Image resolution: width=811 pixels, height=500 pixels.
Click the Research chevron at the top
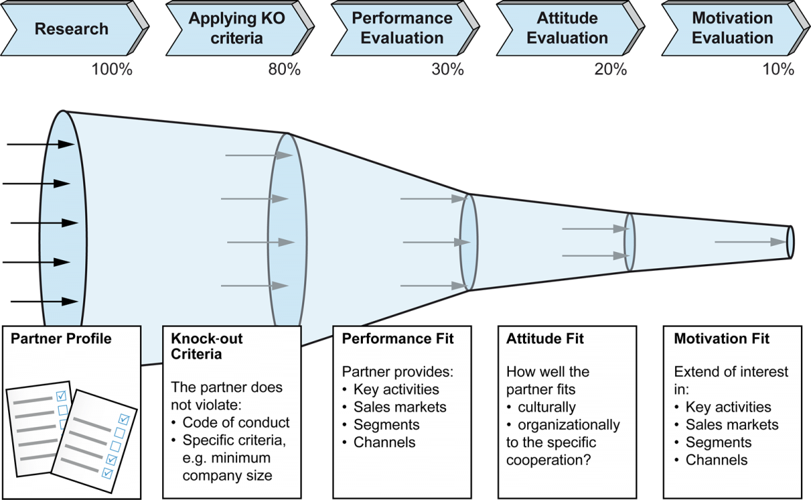point(74,28)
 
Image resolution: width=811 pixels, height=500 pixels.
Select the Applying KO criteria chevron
point(240,28)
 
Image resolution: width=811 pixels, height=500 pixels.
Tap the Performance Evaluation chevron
point(405,28)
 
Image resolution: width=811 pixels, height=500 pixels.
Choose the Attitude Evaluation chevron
point(570,28)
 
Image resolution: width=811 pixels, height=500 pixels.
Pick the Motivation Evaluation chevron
point(736,28)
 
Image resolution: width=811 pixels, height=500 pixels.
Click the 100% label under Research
point(112,69)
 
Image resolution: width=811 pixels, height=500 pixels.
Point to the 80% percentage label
point(285,69)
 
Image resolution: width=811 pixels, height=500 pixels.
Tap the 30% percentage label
point(447,69)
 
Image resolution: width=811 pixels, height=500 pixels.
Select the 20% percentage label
point(610,69)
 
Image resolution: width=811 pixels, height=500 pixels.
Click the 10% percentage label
point(779,69)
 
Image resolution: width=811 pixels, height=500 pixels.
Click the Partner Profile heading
point(62,339)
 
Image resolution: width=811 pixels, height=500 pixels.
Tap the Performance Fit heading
point(398,339)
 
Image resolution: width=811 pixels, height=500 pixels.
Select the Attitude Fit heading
point(545,339)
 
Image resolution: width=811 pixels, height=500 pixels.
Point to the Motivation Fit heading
point(722,339)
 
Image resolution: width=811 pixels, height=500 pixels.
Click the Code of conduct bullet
point(230,422)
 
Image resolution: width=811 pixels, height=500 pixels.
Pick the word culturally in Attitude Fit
point(547,407)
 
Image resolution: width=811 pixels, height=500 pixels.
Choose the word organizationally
point(569,425)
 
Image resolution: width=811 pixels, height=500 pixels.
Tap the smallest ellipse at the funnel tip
point(790,242)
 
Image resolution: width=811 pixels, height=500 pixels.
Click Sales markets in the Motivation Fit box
point(732,425)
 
